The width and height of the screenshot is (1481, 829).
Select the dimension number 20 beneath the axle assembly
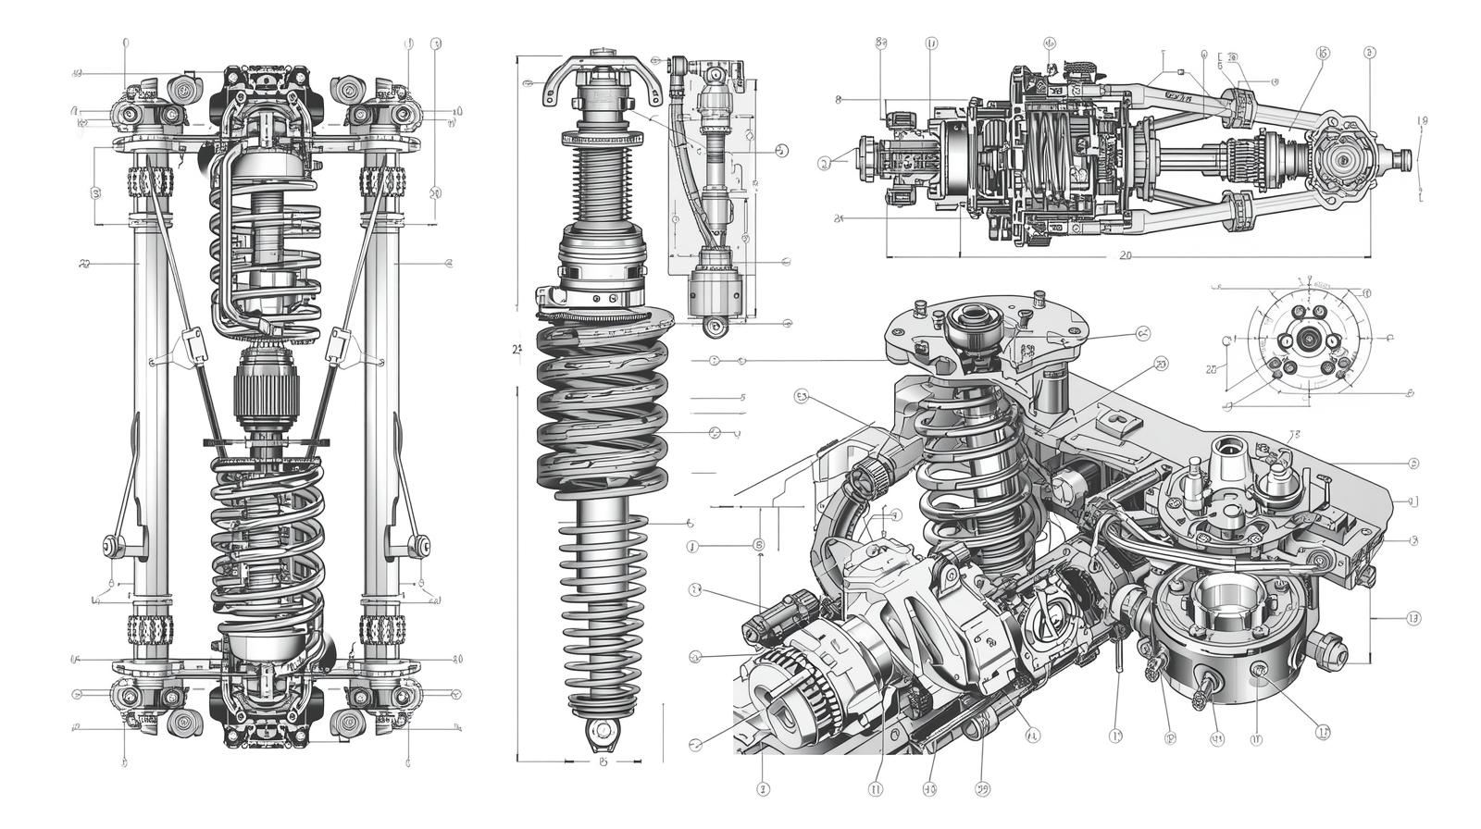tap(1126, 254)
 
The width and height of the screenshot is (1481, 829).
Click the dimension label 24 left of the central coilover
tap(517, 349)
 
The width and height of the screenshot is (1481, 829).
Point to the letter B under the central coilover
tap(603, 761)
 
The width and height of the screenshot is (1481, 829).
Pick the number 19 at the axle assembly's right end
tap(1423, 120)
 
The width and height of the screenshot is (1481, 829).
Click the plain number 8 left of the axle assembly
tap(838, 99)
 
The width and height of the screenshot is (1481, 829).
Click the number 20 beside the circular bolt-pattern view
tap(1212, 369)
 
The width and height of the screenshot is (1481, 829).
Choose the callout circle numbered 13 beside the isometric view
tap(1413, 618)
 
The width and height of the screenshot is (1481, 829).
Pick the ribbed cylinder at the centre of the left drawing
tap(266, 390)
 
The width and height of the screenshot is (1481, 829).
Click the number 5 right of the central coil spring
tap(742, 397)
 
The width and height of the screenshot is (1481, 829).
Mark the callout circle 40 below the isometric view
tap(930, 789)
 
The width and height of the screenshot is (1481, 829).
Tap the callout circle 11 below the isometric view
tap(876, 789)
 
